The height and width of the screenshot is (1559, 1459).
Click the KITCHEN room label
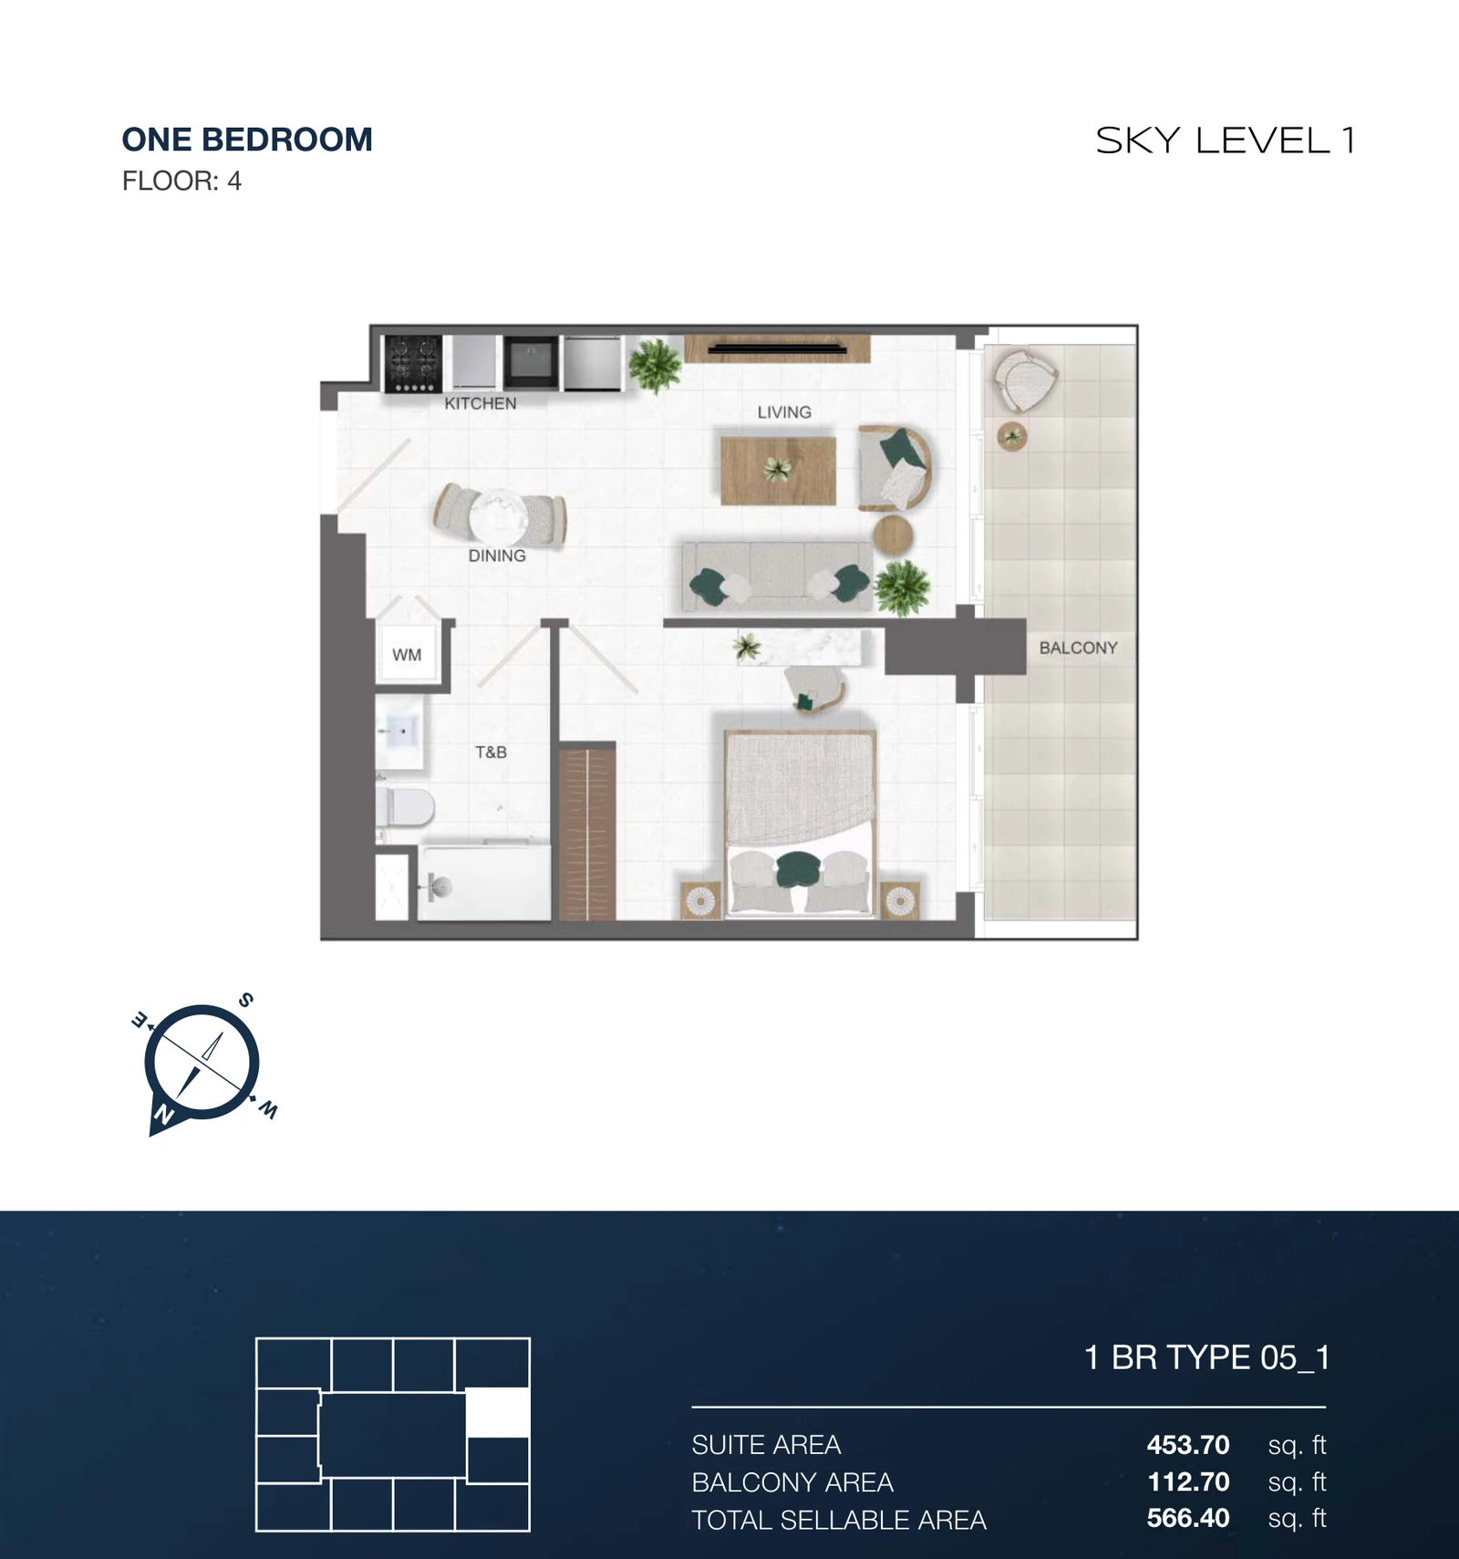click(x=481, y=403)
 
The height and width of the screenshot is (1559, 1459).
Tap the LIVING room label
click(x=784, y=412)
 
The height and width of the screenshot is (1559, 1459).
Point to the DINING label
click(x=497, y=556)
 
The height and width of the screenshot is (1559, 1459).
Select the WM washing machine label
click(x=407, y=655)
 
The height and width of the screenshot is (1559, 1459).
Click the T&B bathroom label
click(x=491, y=753)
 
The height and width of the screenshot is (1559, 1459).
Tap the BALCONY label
click(x=1079, y=648)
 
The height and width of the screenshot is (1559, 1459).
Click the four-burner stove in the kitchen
click(x=413, y=363)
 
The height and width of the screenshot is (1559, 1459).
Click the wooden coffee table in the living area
click(x=778, y=471)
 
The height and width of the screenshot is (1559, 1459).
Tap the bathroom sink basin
click(x=400, y=732)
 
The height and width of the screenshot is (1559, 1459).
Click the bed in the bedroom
click(x=800, y=824)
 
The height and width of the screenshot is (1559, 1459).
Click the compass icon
click(x=202, y=1064)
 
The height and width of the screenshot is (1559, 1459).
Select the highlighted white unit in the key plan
click(x=498, y=1413)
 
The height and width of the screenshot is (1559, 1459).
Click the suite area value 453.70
click(x=1188, y=1445)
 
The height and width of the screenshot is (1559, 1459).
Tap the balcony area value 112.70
click(x=1188, y=1482)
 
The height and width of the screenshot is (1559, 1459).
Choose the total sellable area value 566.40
click(x=1188, y=1518)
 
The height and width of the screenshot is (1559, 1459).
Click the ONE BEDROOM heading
click(x=247, y=140)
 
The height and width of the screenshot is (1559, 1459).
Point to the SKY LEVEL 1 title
click(x=1226, y=140)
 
